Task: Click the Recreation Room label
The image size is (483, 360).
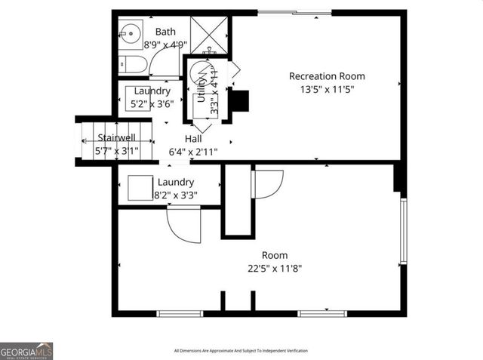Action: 327,76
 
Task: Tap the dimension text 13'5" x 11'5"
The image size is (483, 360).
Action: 327,89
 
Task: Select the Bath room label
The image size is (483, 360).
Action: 165,32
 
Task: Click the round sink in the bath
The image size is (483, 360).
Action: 131,33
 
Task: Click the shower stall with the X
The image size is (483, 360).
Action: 209,34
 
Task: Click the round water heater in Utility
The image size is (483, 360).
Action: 199,73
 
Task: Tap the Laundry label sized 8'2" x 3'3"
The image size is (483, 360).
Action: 175,182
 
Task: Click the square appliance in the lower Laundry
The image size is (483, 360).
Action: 140,187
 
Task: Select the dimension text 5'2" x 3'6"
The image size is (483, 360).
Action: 152,103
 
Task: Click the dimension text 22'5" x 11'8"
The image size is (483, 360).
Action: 275,268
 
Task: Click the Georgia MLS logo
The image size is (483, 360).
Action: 26,351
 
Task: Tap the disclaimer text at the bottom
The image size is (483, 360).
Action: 241,350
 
